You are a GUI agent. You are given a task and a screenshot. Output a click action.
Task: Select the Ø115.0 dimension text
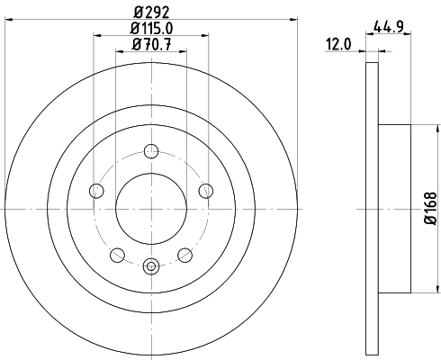(x=150, y=31)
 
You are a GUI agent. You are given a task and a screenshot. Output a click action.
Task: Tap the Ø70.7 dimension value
(x=150, y=45)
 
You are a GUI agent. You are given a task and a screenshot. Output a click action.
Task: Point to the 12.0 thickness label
(x=339, y=43)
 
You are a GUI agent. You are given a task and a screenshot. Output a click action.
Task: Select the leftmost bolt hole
(x=96, y=190)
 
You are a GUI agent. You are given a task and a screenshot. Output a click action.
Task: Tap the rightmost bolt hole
(x=206, y=190)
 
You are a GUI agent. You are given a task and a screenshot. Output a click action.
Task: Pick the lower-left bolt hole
(x=117, y=254)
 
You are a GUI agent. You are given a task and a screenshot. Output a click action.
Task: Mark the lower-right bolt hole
(x=185, y=254)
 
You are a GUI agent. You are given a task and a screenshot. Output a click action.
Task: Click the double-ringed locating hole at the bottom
(x=151, y=265)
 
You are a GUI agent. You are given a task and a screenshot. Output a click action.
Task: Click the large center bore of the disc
(x=151, y=208)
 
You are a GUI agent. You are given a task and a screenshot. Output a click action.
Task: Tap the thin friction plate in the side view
(x=373, y=208)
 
